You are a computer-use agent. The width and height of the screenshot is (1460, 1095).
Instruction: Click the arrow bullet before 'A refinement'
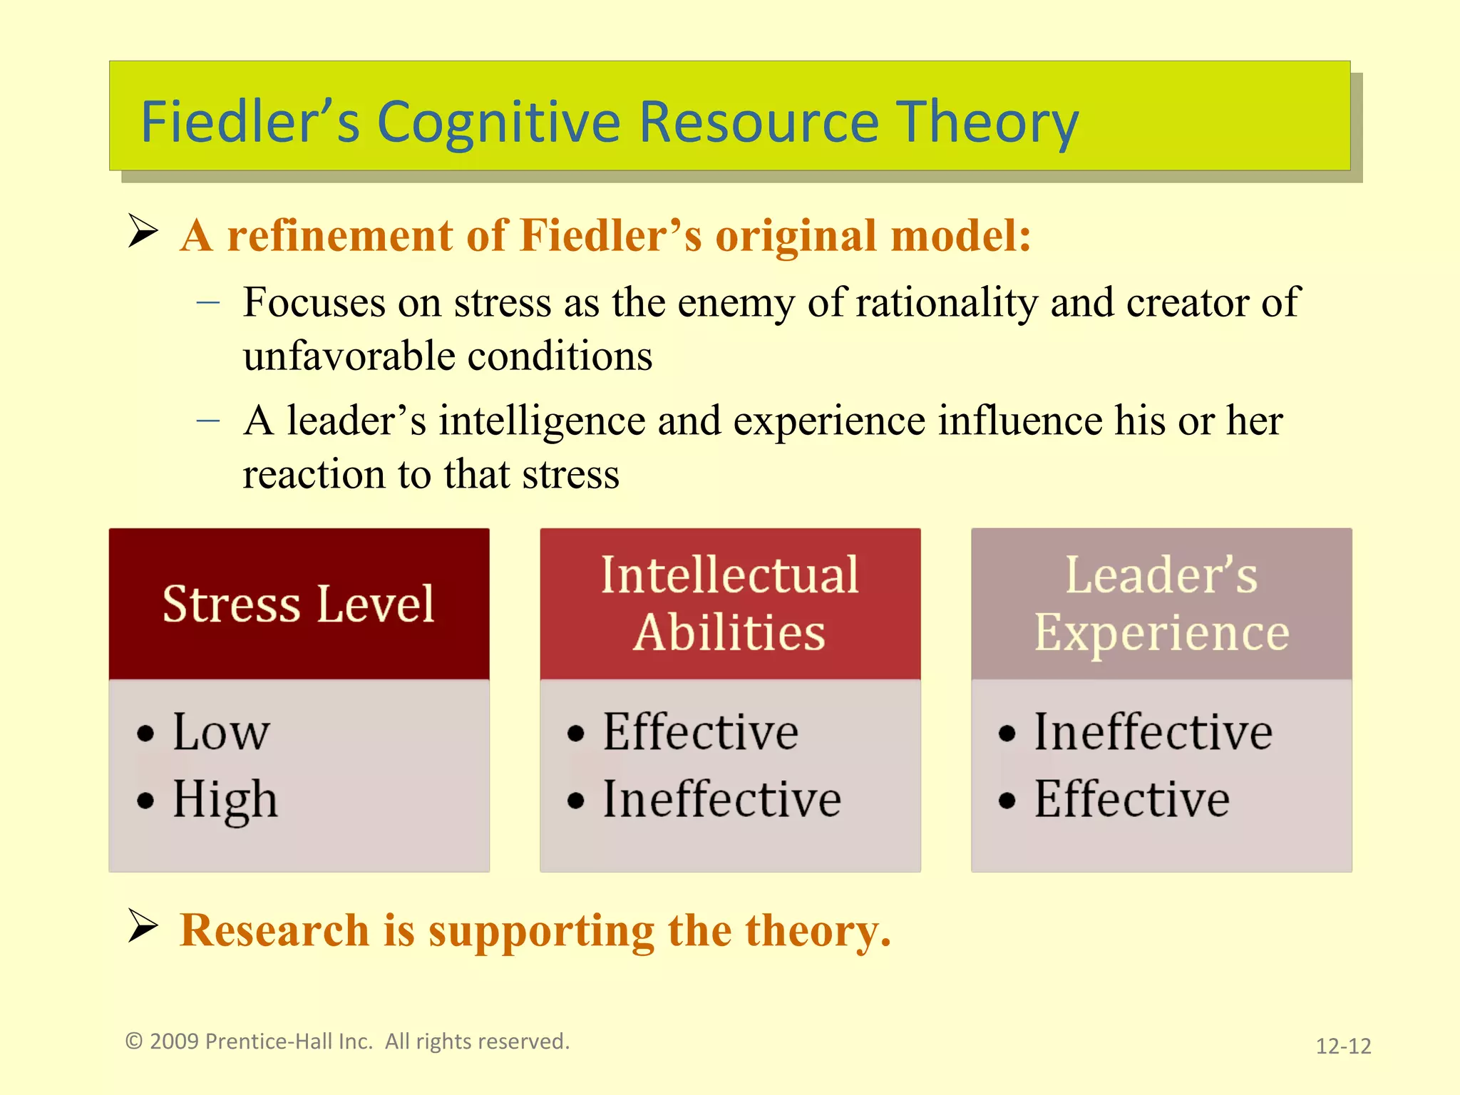coord(143,231)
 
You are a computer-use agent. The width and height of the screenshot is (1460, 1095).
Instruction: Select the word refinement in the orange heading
coord(339,235)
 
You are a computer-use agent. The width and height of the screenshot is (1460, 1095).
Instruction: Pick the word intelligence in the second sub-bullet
coord(542,421)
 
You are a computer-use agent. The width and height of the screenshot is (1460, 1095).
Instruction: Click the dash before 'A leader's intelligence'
coord(207,421)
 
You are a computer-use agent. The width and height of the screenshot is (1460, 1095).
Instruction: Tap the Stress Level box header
coord(299,604)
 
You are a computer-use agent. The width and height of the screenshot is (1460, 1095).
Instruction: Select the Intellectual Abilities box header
coord(729,604)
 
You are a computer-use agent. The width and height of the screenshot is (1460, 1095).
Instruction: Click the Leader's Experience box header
coord(1161,604)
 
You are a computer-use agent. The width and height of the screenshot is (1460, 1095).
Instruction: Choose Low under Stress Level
coord(221,732)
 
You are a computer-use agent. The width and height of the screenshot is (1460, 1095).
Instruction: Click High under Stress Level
coord(225,799)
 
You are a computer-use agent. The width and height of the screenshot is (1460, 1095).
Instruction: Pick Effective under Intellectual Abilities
coord(700,732)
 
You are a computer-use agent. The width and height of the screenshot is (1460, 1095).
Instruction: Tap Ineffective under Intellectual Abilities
coord(721,799)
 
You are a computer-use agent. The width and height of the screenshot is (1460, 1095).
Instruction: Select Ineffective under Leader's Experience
coord(1153,732)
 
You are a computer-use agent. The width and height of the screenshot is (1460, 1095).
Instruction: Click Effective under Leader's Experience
coord(1131,799)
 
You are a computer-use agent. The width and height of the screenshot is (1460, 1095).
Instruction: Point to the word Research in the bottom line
coord(274,931)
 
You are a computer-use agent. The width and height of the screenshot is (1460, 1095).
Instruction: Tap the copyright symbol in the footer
coord(134,1042)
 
